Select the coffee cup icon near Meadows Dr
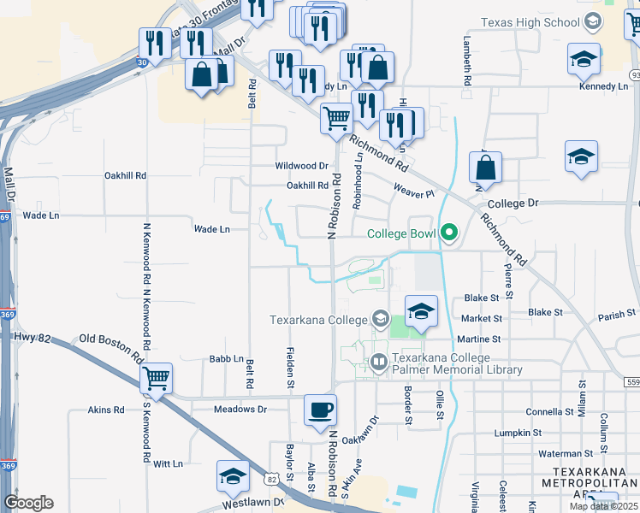point(320,410)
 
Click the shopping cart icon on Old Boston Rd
point(156,377)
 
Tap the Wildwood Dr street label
point(301,166)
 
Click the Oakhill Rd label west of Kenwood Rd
point(126,175)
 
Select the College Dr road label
point(513,203)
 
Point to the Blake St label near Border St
point(481,298)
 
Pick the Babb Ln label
point(226,360)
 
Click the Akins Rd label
point(106,410)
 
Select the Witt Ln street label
point(168,463)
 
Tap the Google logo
point(28,503)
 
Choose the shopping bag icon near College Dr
point(485,169)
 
